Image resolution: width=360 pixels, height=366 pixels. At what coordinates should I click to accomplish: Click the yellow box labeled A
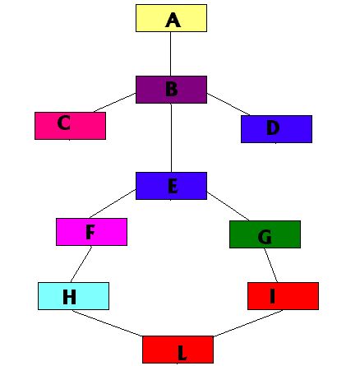pyautogui.click(x=171, y=18)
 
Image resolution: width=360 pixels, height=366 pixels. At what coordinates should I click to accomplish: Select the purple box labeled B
pyautogui.click(x=171, y=90)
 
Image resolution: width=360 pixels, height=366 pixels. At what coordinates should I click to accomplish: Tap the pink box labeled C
pyautogui.click(x=70, y=126)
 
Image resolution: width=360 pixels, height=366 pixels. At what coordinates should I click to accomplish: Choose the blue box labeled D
pyautogui.click(x=276, y=129)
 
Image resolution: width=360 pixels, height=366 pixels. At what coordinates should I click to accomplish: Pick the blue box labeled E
pyautogui.click(x=171, y=186)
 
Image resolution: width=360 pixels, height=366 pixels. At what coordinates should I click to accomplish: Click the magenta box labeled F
pyautogui.click(x=91, y=232)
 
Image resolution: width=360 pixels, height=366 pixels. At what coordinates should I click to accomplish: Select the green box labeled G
pyautogui.click(x=265, y=234)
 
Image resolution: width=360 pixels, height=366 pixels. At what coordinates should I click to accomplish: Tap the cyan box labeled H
pyautogui.click(x=73, y=296)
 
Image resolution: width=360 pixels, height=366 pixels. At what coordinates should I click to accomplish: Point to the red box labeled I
pyautogui.click(x=283, y=296)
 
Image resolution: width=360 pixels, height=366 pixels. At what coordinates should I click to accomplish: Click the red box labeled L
pyautogui.click(x=178, y=350)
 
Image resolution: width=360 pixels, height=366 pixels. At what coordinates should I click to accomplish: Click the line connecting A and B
pyautogui.click(x=170, y=53)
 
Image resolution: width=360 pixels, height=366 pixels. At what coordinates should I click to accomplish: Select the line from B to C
pyautogui.click(x=115, y=103)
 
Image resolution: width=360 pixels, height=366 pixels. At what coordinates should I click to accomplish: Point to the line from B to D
pyautogui.click(x=228, y=104)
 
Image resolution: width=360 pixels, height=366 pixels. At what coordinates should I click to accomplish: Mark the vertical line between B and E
pyautogui.click(x=171, y=137)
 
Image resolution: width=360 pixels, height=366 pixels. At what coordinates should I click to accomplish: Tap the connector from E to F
pyautogui.click(x=113, y=204)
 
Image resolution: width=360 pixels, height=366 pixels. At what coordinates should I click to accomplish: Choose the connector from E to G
pyautogui.click(x=228, y=206)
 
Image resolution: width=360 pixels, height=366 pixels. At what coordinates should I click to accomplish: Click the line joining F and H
pyautogui.click(x=81, y=264)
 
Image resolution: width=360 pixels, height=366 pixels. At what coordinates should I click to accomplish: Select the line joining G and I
pyautogui.click(x=270, y=265)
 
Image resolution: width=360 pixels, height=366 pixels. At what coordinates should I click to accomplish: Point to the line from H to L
pyautogui.click(x=107, y=323)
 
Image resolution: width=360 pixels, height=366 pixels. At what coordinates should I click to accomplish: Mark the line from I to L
pyautogui.click(x=248, y=323)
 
